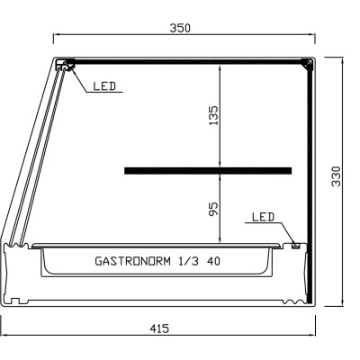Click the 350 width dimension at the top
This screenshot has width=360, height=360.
coord(182,28)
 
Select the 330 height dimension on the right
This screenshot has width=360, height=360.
coord(337,175)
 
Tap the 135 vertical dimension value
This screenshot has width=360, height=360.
coord(213,114)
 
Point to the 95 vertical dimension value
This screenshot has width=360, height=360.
coord(213,209)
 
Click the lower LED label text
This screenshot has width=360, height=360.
coord(263,218)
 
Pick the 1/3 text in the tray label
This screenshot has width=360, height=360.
coord(187,262)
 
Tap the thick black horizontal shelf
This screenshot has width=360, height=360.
coord(208,169)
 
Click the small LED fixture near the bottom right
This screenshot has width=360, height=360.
coord(294,243)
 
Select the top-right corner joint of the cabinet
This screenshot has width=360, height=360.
coord(308,64)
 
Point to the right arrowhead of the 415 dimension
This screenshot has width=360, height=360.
coord(317,337)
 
